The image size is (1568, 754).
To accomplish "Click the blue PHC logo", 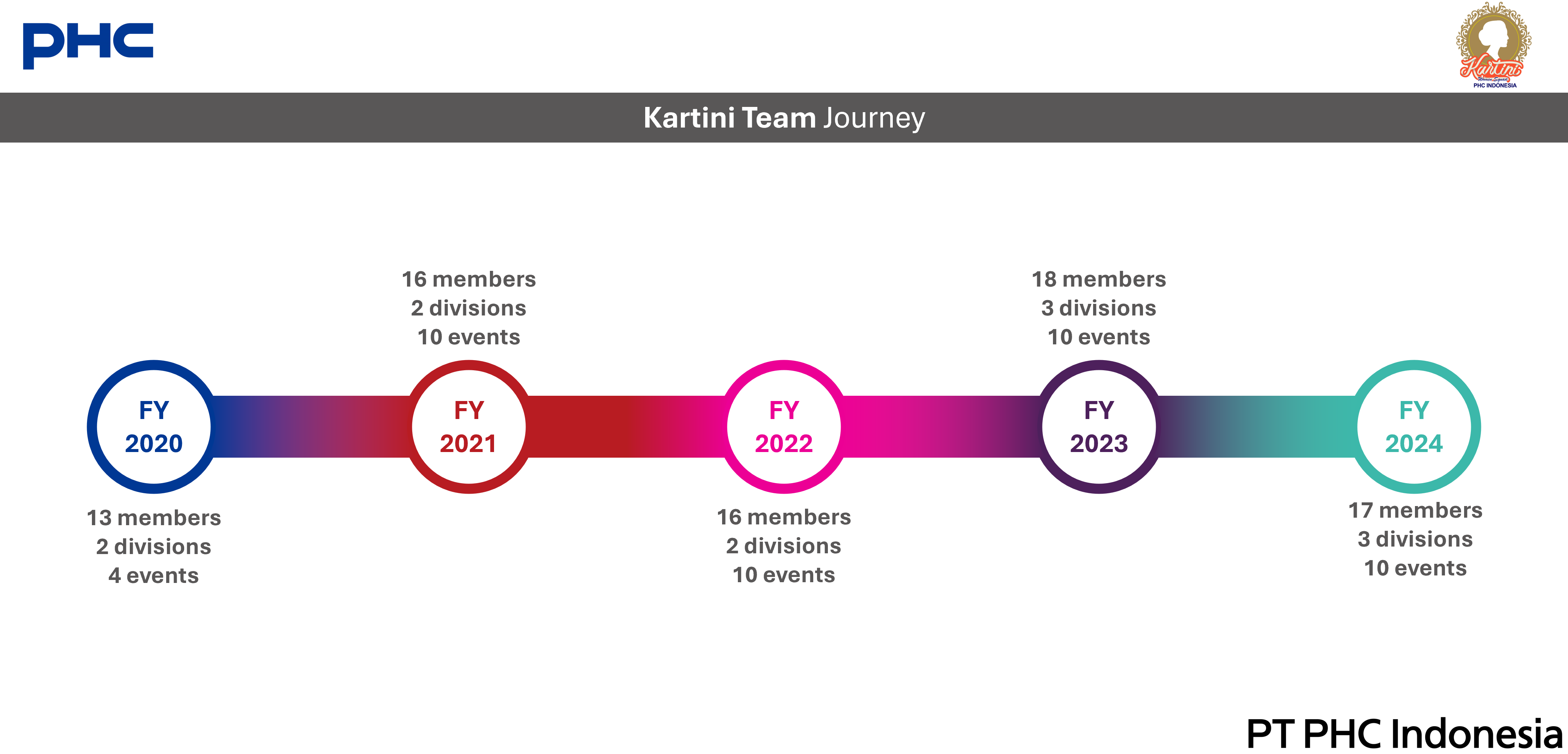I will [88, 46].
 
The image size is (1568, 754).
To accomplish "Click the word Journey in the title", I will [874, 118].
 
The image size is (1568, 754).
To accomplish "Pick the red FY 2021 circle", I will [469, 427].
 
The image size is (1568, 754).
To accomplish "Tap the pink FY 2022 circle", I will [784, 427].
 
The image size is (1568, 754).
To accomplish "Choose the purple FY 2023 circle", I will [1099, 427].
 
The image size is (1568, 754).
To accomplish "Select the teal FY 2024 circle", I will [1414, 427].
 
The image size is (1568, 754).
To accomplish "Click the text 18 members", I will [1099, 279].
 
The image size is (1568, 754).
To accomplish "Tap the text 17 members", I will [1415, 511].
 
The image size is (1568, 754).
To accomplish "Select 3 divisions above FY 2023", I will [1099, 308].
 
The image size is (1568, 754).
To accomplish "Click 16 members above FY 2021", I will [469, 279].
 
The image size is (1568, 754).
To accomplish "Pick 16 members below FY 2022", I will [784, 517].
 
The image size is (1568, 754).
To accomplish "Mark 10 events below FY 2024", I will [1415, 568].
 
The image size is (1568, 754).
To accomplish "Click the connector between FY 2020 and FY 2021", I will [311, 427].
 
